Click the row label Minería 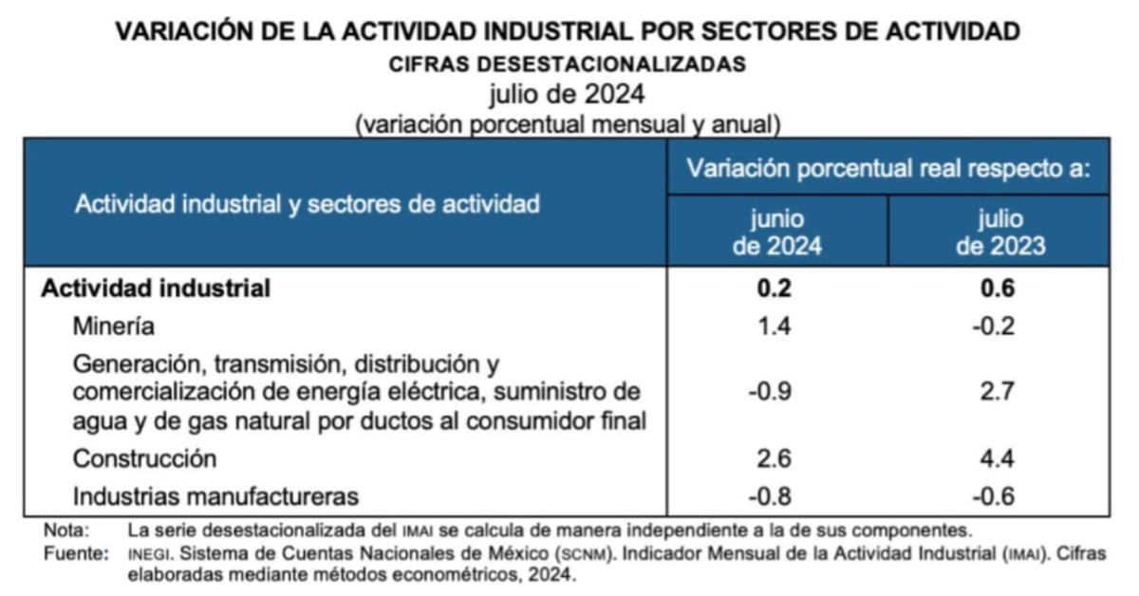(x=113, y=326)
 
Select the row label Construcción (x=145, y=458)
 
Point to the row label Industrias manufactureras (x=216, y=495)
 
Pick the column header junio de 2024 (x=777, y=233)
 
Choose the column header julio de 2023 (x=999, y=233)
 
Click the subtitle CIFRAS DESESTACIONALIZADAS (x=568, y=65)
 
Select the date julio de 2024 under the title (x=568, y=95)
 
